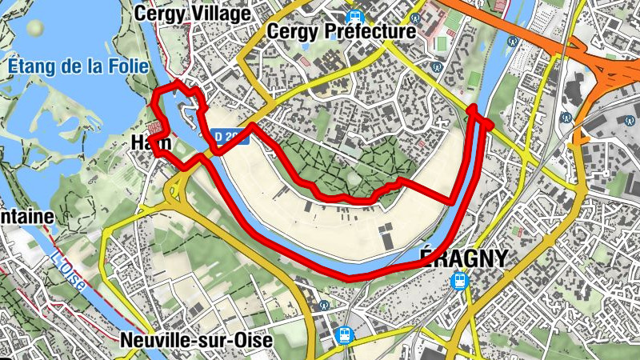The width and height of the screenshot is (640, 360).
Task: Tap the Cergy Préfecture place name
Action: coord(344,31)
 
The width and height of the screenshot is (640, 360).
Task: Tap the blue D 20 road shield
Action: coord(230,138)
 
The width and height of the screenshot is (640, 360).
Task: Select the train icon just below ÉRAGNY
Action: coord(459,280)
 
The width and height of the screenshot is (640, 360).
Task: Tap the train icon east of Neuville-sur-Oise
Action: coord(344,334)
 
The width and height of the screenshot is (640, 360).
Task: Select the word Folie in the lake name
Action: coord(127,66)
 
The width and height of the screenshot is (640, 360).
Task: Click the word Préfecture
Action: coord(370,31)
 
